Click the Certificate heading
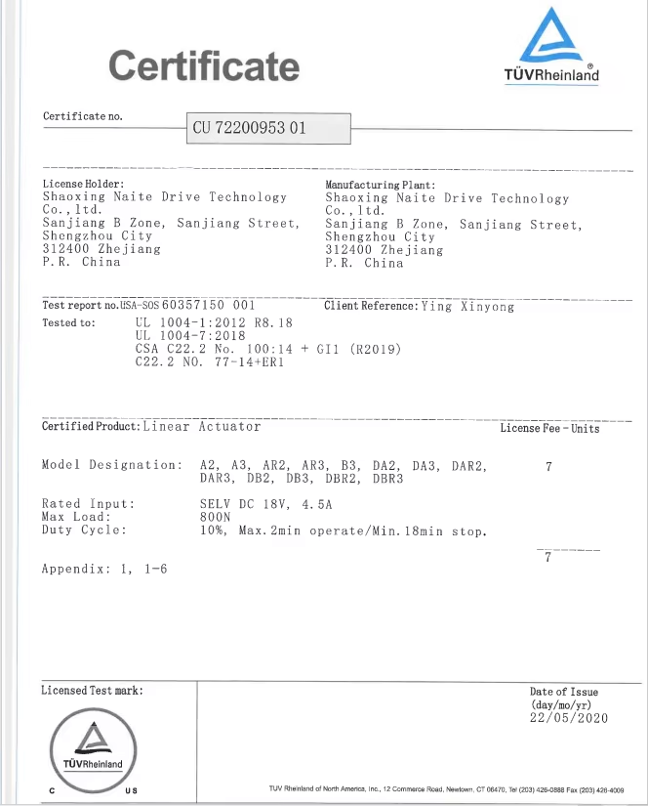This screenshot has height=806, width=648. click(204, 66)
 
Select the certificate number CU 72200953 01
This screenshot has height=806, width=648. click(250, 128)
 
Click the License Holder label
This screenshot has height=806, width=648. click(83, 184)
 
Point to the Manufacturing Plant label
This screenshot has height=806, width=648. click(380, 184)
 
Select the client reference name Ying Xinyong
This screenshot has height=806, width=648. click(466, 307)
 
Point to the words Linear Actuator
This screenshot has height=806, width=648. click(202, 427)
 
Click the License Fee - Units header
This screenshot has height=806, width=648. click(549, 428)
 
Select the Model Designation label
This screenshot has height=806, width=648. click(111, 465)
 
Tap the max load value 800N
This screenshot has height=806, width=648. click(216, 518)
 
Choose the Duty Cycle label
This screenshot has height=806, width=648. click(84, 530)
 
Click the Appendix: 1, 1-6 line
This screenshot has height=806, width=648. click(103, 569)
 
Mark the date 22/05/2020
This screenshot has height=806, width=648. click(569, 718)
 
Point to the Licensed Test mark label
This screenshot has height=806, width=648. click(92, 691)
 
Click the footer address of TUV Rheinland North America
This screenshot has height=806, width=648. click(445, 788)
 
